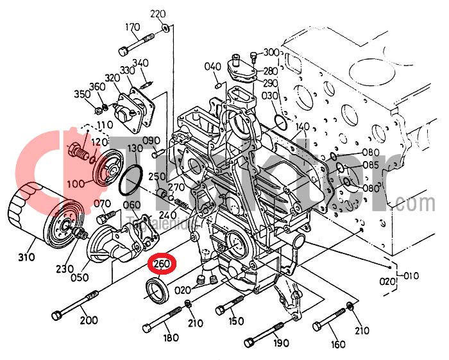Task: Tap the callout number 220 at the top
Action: click(158, 13)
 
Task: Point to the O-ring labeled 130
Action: click(132, 180)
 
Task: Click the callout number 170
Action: click(132, 27)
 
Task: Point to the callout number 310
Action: click(26, 258)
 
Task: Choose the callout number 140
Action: click(302, 126)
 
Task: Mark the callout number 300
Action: click(271, 52)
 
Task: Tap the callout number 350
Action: click(82, 94)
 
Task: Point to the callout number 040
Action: click(212, 67)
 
